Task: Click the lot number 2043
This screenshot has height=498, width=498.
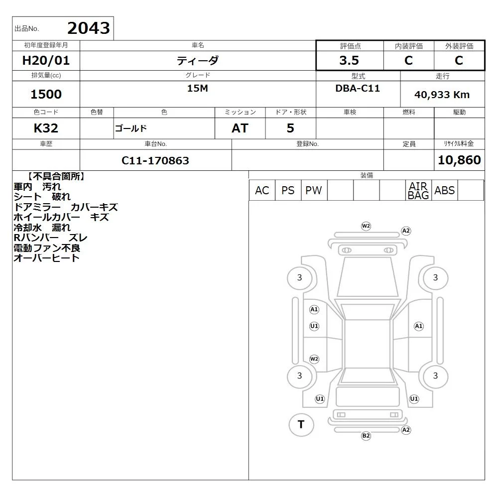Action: [89, 28]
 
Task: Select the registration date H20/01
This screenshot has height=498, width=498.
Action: [46, 60]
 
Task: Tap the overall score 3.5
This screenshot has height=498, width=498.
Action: [349, 60]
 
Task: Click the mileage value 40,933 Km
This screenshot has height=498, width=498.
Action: [442, 95]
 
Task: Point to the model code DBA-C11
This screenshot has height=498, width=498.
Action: [358, 88]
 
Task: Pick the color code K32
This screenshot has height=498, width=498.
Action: [46, 128]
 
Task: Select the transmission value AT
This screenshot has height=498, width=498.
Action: [240, 128]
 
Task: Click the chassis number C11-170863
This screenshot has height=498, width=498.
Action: [155, 161]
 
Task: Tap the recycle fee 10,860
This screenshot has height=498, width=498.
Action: [459, 160]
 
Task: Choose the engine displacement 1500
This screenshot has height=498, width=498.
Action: [46, 94]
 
